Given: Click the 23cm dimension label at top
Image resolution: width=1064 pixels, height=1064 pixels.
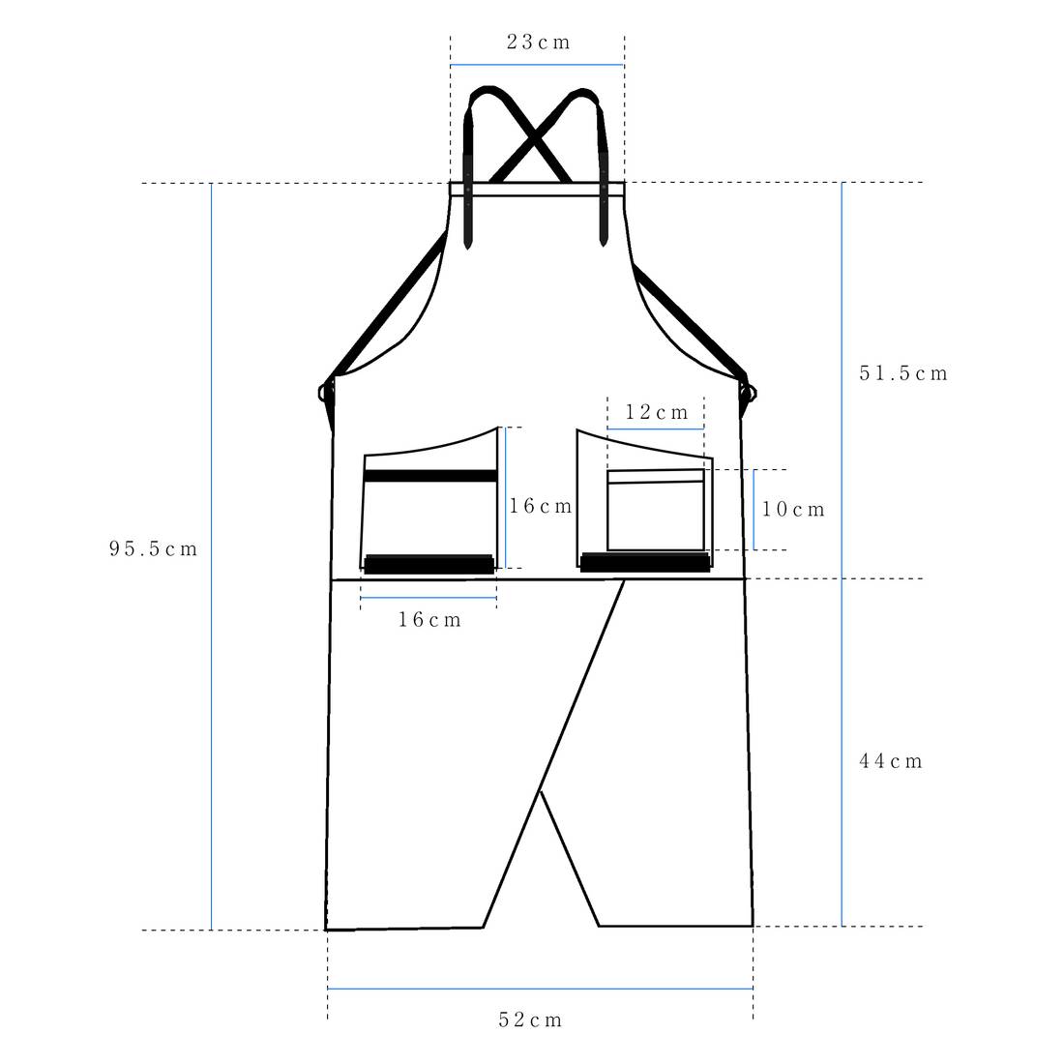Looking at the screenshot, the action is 538,42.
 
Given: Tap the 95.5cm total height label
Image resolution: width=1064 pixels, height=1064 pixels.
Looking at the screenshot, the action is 154,548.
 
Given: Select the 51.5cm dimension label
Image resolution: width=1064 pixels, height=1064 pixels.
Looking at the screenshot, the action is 903,373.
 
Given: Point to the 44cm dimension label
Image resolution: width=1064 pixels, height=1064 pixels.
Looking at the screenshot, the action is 891,760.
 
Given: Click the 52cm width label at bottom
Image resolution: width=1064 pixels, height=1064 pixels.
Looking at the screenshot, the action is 530,1020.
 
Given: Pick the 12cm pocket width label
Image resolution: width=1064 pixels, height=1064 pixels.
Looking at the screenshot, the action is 656,412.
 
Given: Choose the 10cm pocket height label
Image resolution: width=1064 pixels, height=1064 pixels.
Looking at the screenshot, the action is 792,509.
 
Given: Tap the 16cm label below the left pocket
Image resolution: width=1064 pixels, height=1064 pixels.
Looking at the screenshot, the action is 429,619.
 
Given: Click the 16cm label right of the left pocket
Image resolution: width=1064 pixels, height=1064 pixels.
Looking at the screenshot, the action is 541,506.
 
